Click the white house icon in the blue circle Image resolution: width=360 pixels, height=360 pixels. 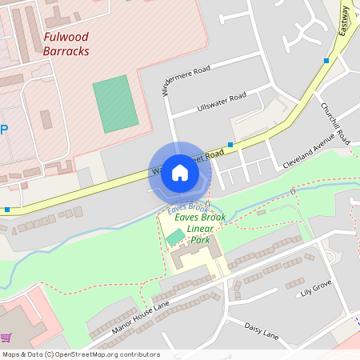[x=179, y=173]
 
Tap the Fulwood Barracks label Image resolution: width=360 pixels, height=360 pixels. [x=66, y=44]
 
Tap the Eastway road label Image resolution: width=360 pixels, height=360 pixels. [x=345, y=19]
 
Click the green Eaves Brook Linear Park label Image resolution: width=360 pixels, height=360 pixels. [x=198, y=228]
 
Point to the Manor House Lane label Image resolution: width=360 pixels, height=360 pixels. [x=141, y=317]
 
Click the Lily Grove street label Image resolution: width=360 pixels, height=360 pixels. [x=316, y=287]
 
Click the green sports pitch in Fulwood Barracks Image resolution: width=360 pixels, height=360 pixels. [x=115, y=104]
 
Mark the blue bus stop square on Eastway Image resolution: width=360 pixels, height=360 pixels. [x=326, y=61]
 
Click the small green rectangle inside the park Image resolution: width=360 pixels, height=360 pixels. [x=174, y=238]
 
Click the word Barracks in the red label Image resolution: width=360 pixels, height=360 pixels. [x=66, y=52]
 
